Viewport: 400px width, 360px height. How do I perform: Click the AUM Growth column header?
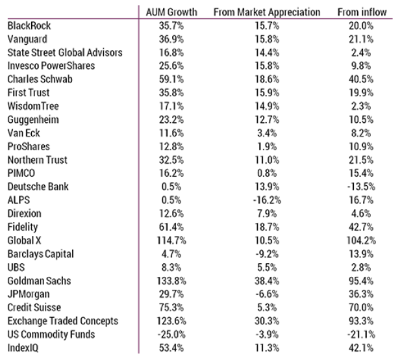coord(171,12)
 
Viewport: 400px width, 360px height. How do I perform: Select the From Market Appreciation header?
coord(267,12)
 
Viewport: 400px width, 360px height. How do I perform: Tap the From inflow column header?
coord(362,12)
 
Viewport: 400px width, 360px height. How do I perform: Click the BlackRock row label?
coord(29,25)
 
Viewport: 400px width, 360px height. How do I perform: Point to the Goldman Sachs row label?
coord(39,281)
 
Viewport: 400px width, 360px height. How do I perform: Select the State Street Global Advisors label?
coord(65,53)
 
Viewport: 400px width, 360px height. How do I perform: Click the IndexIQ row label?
coord(23,348)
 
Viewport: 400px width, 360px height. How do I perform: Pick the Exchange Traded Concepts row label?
coord(63,321)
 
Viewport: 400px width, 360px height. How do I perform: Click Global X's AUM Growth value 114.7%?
coord(171,240)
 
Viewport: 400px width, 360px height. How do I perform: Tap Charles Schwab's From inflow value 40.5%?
coord(361,79)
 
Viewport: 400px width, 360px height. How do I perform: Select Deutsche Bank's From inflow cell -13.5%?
coord(361,186)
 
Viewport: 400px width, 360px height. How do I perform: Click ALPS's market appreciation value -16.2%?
coord(267,200)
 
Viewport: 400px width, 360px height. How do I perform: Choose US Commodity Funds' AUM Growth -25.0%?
coord(171,335)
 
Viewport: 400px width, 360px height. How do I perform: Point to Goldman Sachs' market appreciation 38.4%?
coord(267,281)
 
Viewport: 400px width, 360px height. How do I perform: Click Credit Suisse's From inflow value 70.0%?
coord(361,307)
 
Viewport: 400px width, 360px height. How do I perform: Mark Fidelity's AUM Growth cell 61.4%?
coord(171,227)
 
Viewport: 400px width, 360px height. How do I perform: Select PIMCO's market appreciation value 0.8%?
coord(267,173)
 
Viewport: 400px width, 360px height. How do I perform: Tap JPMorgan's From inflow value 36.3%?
coord(361,294)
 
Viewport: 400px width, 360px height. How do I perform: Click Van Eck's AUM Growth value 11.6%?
coord(171,133)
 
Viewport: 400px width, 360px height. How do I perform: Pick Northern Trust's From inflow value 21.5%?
coord(361,160)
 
